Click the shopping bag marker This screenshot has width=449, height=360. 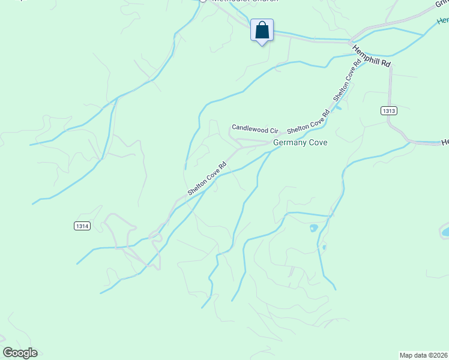point(262,30)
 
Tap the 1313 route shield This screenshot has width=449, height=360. point(388,111)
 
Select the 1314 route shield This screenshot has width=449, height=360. point(83,226)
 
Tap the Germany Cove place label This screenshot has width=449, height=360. point(300,143)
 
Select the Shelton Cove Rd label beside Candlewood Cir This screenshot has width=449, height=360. point(309,122)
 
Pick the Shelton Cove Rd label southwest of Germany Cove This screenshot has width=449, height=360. point(207,178)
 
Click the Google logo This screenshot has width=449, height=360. point(20,353)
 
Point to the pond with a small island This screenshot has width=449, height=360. point(313,228)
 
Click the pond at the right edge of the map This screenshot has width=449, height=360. point(445,231)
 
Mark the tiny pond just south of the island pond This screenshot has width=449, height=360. point(324,246)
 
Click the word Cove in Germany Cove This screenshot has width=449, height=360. point(317,143)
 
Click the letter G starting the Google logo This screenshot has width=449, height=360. point(8,352)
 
